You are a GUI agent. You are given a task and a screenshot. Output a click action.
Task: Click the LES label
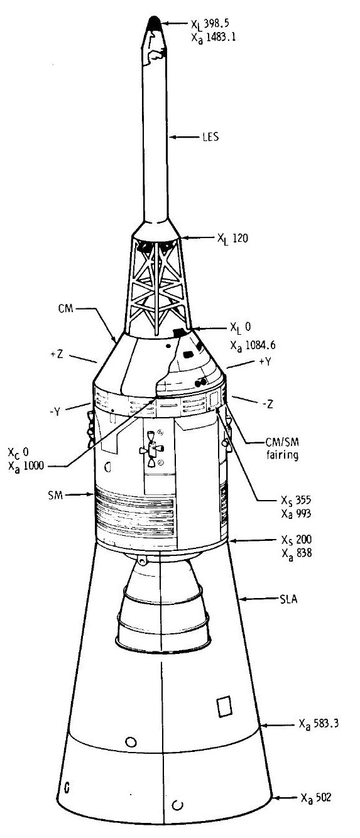point(210,137)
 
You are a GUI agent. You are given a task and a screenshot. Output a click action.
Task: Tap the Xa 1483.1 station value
point(214,38)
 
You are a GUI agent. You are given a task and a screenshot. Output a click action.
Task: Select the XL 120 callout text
point(232,238)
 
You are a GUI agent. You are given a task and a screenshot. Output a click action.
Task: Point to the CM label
point(66,309)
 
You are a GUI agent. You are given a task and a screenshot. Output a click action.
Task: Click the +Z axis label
point(57,354)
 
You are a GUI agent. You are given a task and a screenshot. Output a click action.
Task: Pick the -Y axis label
point(55,412)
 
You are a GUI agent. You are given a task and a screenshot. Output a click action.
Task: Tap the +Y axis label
point(265,362)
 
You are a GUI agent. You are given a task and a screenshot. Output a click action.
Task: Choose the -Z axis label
point(268,404)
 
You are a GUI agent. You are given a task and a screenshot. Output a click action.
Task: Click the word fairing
point(282,455)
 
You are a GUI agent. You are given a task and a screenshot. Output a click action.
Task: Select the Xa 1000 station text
point(26,466)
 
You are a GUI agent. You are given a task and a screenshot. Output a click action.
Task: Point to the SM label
point(55,496)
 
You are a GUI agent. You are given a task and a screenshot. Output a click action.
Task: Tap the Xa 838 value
point(297,553)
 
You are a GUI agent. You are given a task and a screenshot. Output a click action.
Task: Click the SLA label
point(288,599)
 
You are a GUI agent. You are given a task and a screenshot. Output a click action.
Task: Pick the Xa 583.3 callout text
point(319,724)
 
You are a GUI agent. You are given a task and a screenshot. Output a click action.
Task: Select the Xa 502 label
point(316,798)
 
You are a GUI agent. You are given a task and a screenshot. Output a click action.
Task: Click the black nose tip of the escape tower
point(154,23)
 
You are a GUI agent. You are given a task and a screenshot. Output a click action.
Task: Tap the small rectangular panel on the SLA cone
point(225,707)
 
